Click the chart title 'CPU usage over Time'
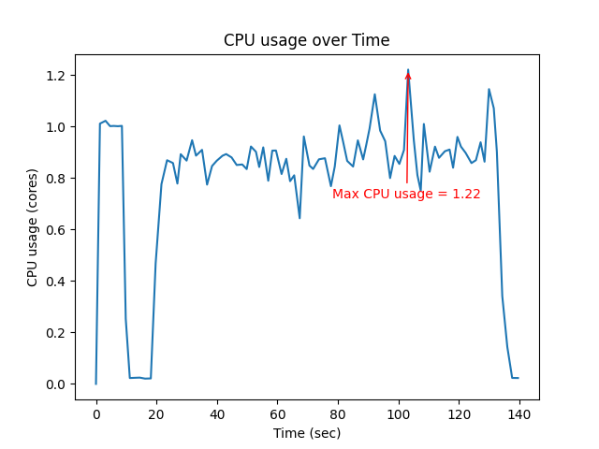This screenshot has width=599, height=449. point(306,40)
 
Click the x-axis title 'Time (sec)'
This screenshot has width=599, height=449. point(306,433)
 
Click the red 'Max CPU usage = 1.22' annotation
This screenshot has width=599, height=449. point(406,195)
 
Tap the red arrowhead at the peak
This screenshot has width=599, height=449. point(408,76)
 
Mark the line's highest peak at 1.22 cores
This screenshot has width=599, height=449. point(408,70)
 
